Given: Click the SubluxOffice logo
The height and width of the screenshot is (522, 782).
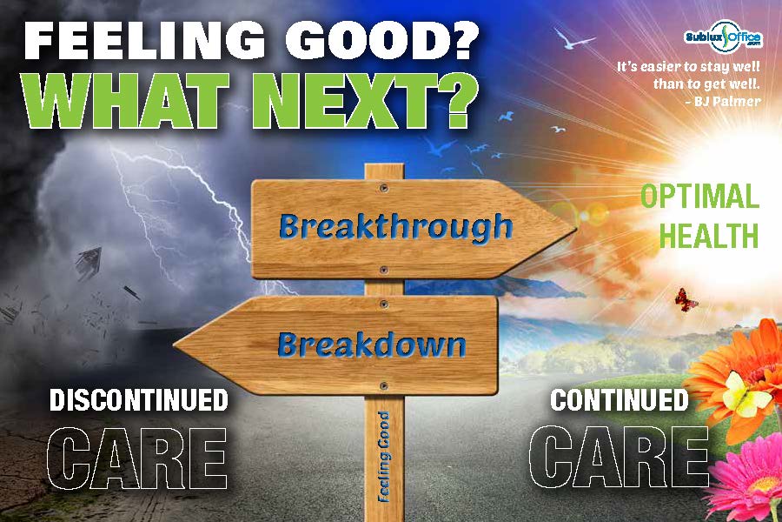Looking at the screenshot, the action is (x=723, y=37).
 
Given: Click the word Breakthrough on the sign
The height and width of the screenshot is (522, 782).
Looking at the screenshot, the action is (x=395, y=227).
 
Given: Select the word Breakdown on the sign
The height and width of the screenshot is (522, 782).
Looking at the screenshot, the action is (x=372, y=345).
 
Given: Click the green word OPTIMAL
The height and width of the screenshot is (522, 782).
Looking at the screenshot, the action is (x=699, y=197).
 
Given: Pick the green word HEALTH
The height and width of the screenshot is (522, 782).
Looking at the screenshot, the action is (x=709, y=235).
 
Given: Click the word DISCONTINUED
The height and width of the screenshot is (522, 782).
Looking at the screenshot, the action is (x=139, y=400).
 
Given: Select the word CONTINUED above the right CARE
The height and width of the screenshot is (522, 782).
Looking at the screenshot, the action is (x=620, y=400).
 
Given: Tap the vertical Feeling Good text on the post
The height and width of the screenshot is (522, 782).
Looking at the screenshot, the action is (x=383, y=457).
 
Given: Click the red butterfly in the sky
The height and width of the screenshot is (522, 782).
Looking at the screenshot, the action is (x=686, y=299).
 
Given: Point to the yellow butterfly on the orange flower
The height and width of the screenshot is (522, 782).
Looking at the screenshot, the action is (x=742, y=395).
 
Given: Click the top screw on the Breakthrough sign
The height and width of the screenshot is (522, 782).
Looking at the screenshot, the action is (x=383, y=188).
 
